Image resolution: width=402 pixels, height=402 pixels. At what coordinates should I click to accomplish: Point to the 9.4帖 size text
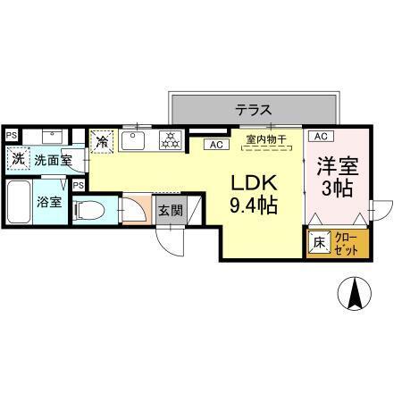point(254,206)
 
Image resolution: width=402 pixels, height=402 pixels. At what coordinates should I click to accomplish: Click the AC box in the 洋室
point(321,136)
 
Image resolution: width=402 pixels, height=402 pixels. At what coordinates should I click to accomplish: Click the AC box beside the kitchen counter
point(215,144)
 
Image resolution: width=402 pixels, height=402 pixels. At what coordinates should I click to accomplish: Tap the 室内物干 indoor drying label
point(265,138)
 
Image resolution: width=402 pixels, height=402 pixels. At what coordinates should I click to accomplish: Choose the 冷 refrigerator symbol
point(103,141)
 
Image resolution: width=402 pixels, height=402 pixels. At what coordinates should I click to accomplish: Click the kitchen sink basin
point(136,140)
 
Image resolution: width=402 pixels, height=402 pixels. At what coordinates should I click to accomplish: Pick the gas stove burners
point(168,139)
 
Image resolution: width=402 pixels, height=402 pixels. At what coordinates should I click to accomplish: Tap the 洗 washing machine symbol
point(18,160)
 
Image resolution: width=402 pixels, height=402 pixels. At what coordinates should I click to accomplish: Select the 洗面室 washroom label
point(52,161)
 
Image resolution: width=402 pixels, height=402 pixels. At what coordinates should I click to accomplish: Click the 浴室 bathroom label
point(49,203)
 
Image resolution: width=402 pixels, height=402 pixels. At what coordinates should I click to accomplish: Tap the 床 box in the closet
point(318,242)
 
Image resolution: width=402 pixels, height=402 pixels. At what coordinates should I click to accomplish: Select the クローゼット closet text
point(347,242)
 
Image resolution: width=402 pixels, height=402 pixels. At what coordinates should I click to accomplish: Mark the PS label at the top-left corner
point(11,135)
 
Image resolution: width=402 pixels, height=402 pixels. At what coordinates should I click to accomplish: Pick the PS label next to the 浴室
point(80,185)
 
